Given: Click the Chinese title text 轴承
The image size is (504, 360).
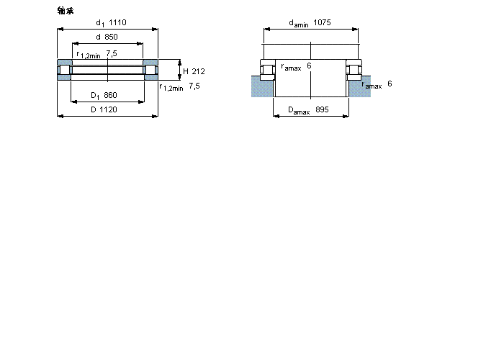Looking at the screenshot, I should click(x=65, y=10).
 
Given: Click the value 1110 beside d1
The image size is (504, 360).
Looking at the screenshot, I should click(x=117, y=23).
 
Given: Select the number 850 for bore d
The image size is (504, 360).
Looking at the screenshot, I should click(x=111, y=37).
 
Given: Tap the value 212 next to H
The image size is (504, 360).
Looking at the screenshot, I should click(x=199, y=71).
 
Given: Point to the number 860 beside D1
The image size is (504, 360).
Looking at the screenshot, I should click(x=110, y=96).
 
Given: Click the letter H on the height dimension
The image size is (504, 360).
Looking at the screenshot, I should click(x=185, y=71).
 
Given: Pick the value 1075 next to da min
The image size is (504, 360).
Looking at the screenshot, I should click(x=322, y=23).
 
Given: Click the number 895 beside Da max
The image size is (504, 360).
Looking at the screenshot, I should click(x=322, y=109).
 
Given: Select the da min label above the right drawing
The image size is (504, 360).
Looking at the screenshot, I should click(x=298, y=24).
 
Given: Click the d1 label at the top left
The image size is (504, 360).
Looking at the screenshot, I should click(x=100, y=23).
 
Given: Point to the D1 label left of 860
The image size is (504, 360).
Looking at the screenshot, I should click(x=94, y=96).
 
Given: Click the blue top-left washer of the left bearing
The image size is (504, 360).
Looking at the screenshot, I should click(x=64, y=62).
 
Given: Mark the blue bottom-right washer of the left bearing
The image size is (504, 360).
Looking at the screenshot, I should click(x=150, y=78).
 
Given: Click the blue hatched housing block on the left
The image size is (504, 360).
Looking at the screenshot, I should click(x=262, y=87).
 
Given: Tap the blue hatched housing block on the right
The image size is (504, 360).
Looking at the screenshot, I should click(x=359, y=87).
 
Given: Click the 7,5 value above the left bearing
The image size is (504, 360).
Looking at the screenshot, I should click(x=112, y=53).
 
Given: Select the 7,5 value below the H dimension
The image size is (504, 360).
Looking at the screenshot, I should click(x=194, y=86).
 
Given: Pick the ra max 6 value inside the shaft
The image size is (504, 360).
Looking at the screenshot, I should click(x=309, y=66).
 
